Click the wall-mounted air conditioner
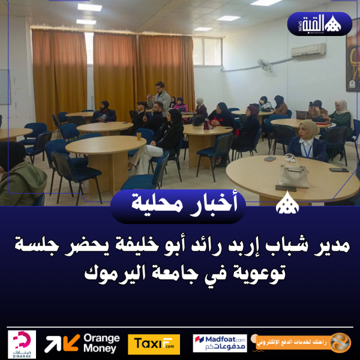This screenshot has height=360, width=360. pyautogui.click(x=308, y=50)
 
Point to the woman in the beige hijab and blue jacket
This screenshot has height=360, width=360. pyautogui.click(x=308, y=142)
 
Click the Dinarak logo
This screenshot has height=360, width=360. pyautogui.click(x=22, y=344)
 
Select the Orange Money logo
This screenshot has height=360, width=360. pyautogui.click(x=82, y=343)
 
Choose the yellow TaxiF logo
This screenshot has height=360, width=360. pyautogui.click(x=154, y=344)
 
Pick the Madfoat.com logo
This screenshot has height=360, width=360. pyautogui.click(x=220, y=343)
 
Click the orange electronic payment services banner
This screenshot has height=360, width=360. pyautogui.click(x=303, y=343)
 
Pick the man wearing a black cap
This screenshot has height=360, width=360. pyautogui.click(x=105, y=110)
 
